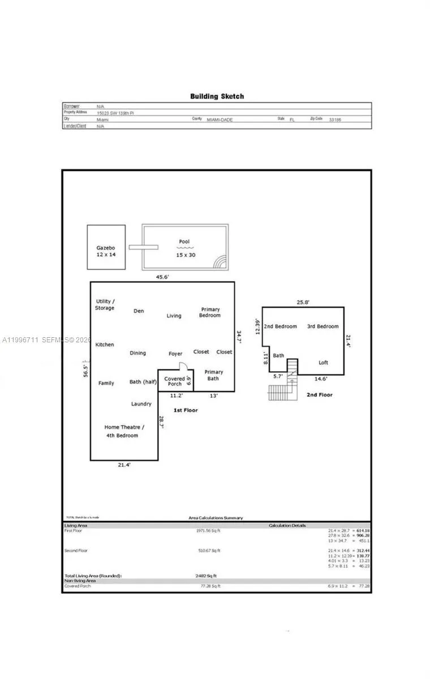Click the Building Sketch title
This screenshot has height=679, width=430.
click(x=217, y=96)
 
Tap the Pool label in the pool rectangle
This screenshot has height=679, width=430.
click(x=184, y=242)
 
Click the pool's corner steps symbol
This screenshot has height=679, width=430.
click(x=220, y=261)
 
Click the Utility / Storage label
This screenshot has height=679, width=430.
click(x=105, y=304)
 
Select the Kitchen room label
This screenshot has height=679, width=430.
click(x=105, y=345)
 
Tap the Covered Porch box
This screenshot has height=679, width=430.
click(x=174, y=381)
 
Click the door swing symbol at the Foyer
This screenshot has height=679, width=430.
click(x=182, y=366)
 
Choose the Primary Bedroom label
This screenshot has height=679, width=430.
click(x=210, y=312)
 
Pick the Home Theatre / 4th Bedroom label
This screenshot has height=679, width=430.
click(x=124, y=431)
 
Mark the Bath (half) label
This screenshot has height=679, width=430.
click(x=143, y=382)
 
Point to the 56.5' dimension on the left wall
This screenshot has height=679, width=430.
click(x=86, y=367)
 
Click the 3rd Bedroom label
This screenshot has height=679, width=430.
click(x=322, y=326)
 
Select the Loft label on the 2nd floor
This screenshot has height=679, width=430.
click(x=323, y=363)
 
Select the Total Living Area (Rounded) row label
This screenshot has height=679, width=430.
click(x=93, y=575)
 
